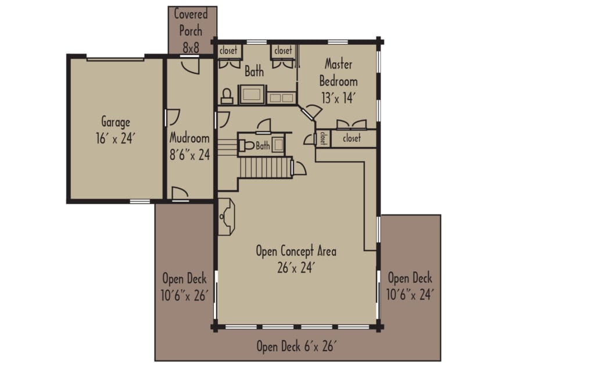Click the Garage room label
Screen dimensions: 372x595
[x=116, y=122]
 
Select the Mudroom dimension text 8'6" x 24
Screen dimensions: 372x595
[x=189, y=155]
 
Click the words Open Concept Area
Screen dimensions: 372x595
[x=296, y=251]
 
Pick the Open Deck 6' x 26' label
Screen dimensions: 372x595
[x=297, y=346]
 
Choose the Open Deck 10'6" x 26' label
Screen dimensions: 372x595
[x=185, y=287]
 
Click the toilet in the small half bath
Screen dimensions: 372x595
[x=246, y=145]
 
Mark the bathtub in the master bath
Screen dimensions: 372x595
[x=251, y=94]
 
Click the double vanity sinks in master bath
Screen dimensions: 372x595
[x=281, y=97]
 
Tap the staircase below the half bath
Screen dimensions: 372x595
[x=266, y=168]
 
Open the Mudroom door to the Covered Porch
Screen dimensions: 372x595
[x=190, y=66]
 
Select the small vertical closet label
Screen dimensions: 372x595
[x=322, y=138]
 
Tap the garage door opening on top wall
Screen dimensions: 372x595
[x=115, y=58]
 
